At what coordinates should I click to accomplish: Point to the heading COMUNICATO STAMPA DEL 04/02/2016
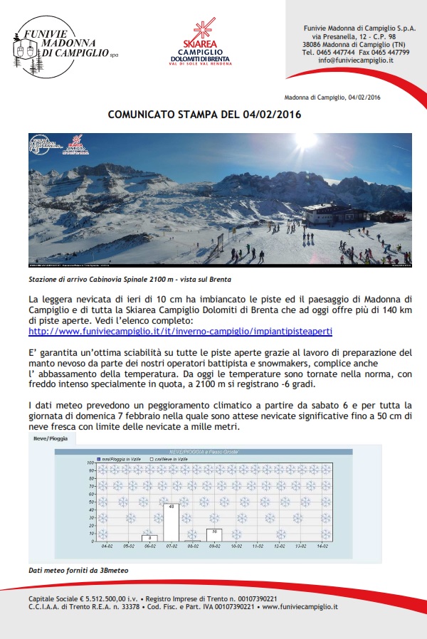point(204,114)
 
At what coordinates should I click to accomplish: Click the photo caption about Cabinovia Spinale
point(130,280)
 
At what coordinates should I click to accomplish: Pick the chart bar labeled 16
point(214,535)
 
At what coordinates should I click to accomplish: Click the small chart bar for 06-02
point(150,538)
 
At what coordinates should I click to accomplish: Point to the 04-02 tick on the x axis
point(107,546)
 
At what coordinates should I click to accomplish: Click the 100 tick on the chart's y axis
point(91,463)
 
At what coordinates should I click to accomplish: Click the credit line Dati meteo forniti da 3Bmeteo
point(70,570)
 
